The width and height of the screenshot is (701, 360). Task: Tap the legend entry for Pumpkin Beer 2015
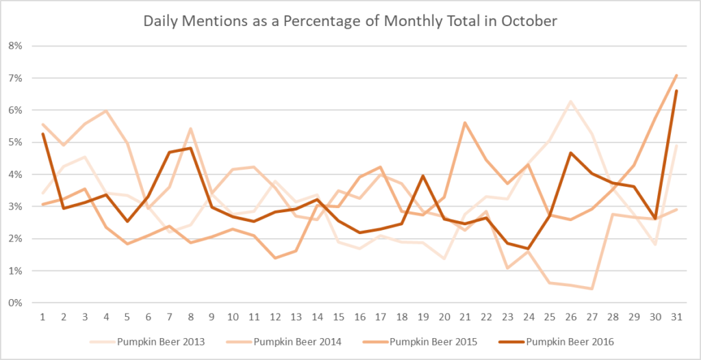pyautogui.click(x=433, y=341)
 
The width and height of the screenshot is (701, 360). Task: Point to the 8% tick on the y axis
pyautogui.click(x=15, y=46)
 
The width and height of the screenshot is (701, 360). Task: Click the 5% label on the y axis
pyautogui.click(x=15, y=142)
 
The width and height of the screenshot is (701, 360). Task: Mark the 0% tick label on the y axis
pyautogui.click(x=15, y=303)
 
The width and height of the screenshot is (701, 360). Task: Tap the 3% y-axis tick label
pyautogui.click(x=15, y=207)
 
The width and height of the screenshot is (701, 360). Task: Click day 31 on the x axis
pyautogui.click(x=676, y=317)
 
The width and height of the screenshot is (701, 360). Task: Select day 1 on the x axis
pyautogui.click(x=42, y=317)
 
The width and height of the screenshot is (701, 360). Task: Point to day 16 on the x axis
pyautogui.click(x=359, y=317)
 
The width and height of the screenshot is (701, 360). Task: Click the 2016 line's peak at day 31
pyautogui.click(x=676, y=91)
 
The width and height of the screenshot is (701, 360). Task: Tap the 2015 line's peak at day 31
pyautogui.click(x=676, y=75)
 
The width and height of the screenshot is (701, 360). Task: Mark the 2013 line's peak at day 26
pyautogui.click(x=570, y=101)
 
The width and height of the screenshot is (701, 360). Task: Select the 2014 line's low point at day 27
pyautogui.click(x=591, y=289)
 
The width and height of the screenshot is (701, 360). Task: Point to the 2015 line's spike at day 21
pyautogui.click(x=465, y=123)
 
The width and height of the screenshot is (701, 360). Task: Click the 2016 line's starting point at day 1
pyautogui.click(x=42, y=133)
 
